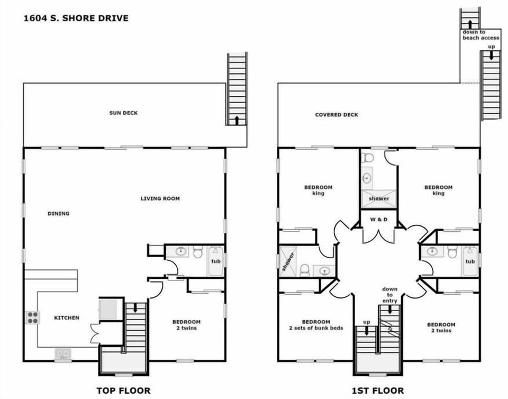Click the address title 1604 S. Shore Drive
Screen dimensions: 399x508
pos(76,19)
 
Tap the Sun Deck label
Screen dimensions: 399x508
pos(123,113)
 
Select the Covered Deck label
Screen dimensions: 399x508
pos(337,115)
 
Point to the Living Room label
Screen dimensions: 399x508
pos(160,198)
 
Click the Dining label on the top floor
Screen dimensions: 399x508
pos(58,214)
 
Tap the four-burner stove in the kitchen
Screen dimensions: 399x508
pos(32,317)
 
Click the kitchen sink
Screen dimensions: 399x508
pos(62,353)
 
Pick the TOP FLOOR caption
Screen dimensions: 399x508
pos(123,391)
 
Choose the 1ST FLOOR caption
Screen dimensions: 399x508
pos(378,391)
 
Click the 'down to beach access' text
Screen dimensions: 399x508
pos(480,35)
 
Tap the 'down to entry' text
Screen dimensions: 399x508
pos(390,295)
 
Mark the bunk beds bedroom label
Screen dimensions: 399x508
pos(316,325)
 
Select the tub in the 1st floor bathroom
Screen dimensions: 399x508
pos(470,261)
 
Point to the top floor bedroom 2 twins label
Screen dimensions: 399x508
pos(186,325)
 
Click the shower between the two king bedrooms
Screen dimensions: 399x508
pos(379,198)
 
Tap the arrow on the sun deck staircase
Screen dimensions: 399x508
pos(237,120)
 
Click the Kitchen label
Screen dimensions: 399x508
pos(67,318)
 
